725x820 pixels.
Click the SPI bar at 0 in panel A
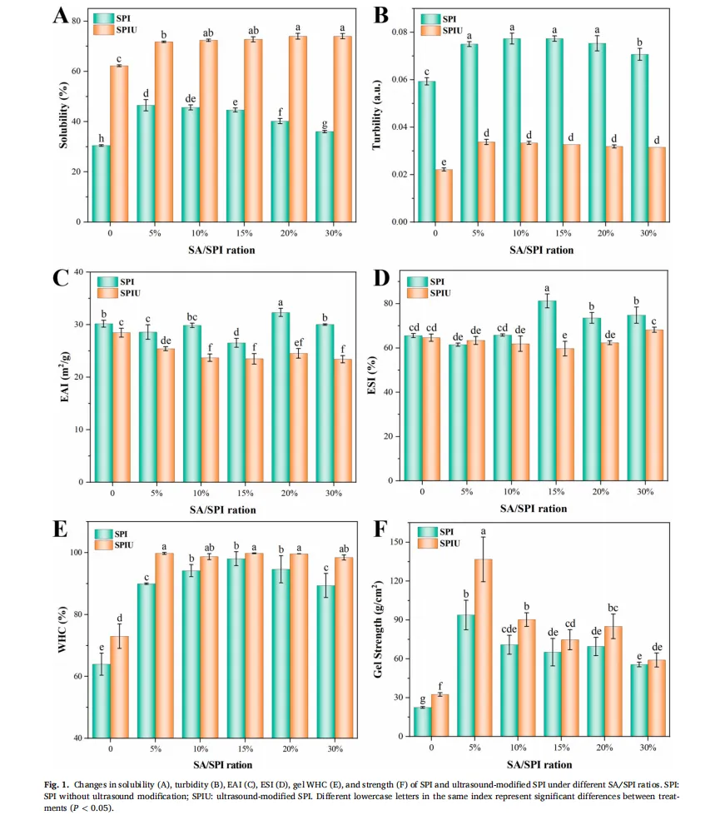pyautogui.click(x=100, y=184)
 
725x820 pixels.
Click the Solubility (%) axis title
pyautogui.click(x=63, y=120)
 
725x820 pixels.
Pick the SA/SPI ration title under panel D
pyautogui.click(x=534, y=508)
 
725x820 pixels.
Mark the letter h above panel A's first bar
pyautogui.click(x=101, y=138)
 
